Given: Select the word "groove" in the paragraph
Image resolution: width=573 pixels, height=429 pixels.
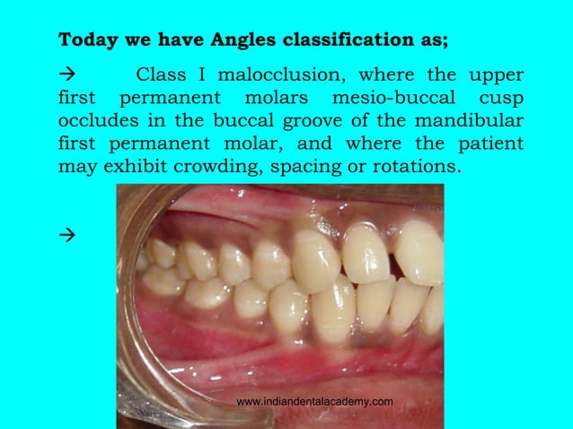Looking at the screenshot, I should [x=293, y=121].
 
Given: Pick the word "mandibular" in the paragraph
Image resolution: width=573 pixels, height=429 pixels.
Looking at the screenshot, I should [x=467, y=121].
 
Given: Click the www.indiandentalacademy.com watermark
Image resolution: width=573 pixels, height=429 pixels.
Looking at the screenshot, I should [x=314, y=401].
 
